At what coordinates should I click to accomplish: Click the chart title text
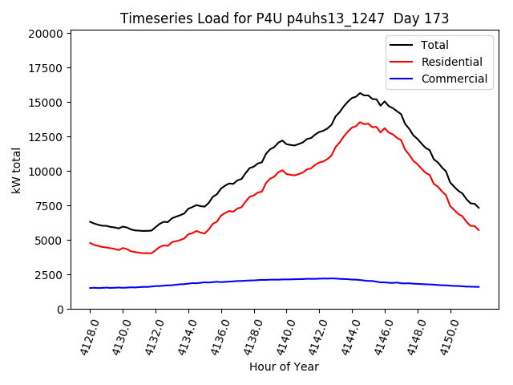[285, 18]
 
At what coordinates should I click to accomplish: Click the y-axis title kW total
[17, 170]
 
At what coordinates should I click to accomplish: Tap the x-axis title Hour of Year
[284, 367]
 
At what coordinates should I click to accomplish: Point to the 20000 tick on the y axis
[45, 34]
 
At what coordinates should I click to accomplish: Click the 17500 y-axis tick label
[45, 68]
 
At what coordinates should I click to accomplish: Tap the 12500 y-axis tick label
[45, 137]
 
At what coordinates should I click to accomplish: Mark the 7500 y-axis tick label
[48, 206]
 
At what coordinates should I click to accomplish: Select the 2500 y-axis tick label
[48, 275]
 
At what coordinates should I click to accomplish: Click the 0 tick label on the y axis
[60, 310]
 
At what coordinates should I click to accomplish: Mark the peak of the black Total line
[360, 93]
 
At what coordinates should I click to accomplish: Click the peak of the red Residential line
[360, 122]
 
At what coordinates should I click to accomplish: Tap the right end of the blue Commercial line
[479, 286]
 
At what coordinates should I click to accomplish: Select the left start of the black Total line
[90, 221]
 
